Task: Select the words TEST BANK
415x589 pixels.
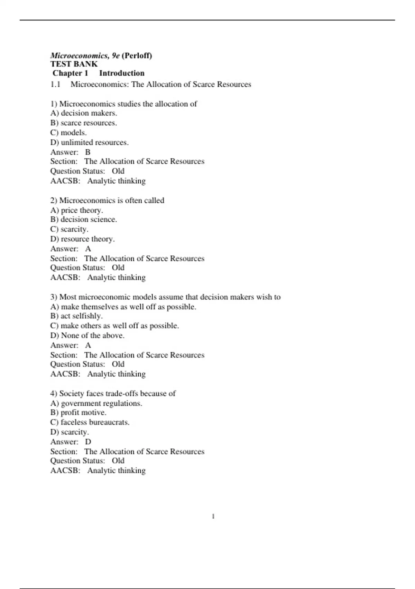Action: (74, 64)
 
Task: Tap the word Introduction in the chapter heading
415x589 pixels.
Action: (122, 73)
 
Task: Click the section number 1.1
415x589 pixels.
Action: (55, 84)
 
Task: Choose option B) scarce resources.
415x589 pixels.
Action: (84, 123)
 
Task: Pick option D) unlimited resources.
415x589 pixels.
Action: (90, 142)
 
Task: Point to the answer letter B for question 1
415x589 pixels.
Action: (88, 152)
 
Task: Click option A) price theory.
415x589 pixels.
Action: (77, 210)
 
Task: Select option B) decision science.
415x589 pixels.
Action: (84, 219)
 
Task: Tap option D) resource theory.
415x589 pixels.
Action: (83, 239)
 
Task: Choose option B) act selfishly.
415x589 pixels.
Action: (76, 316)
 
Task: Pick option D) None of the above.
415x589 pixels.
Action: (87, 335)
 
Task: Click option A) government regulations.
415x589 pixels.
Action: (96, 403)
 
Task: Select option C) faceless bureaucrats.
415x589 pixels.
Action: (90, 422)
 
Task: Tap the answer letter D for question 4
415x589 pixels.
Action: (88, 442)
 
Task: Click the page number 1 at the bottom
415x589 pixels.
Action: (213, 516)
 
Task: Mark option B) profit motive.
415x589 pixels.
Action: (79, 412)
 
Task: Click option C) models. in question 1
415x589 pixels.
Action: (68, 132)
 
